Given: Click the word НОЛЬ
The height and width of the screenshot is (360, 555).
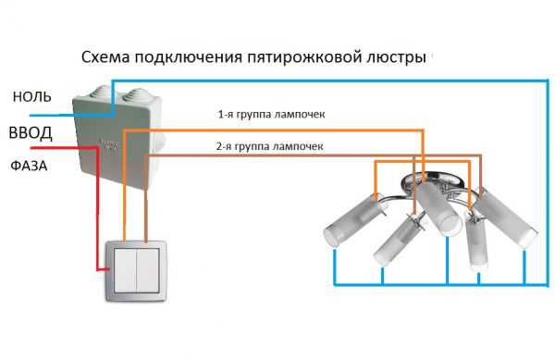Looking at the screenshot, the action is (32, 96).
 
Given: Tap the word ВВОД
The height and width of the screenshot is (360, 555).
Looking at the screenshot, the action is (31, 132).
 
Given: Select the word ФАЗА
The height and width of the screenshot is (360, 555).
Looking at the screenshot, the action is (29, 166).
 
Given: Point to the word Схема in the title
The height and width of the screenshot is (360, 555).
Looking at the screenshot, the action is (105, 57).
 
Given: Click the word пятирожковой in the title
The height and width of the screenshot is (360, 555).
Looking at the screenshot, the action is (298, 57).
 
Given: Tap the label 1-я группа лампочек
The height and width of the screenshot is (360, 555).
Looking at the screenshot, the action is (271, 115).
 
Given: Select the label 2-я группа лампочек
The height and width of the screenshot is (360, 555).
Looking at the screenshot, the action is (270, 146).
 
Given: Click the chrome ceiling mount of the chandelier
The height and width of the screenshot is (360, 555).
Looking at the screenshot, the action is (433, 181).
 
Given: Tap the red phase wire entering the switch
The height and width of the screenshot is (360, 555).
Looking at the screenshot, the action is (96, 209).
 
